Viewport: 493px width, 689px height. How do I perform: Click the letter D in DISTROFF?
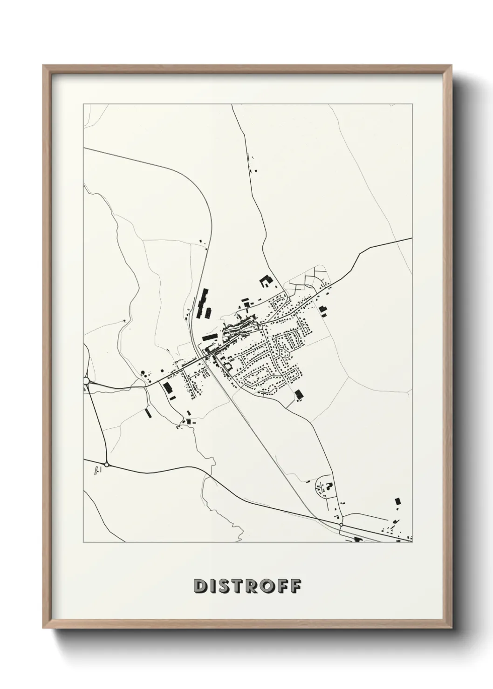pyautogui.click(x=199, y=586)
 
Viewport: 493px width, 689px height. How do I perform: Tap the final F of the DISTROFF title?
pyautogui.click(x=294, y=586)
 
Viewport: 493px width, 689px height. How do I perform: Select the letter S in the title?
pyautogui.click(x=225, y=586)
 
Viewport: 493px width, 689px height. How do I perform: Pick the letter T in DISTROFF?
pyautogui.click(x=239, y=586)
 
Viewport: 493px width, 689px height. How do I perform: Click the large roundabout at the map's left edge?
pyautogui.click(x=86, y=381)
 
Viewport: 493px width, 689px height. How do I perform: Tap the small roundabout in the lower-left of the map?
pyautogui.click(x=107, y=464)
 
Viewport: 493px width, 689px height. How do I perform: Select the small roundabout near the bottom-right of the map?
pyautogui.click(x=342, y=525)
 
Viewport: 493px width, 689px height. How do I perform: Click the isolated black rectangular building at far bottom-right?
pyautogui.click(x=397, y=501)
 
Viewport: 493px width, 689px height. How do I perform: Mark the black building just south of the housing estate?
pyautogui.click(x=299, y=395)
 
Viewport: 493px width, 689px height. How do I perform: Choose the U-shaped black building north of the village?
pyautogui.click(x=265, y=281)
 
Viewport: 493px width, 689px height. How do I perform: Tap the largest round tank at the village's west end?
pyautogui.click(x=143, y=372)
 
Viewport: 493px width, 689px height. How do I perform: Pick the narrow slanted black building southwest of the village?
pyautogui.click(x=148, y=413)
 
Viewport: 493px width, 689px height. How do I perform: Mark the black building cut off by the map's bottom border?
pyautogui.click(x=358, y=540)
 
